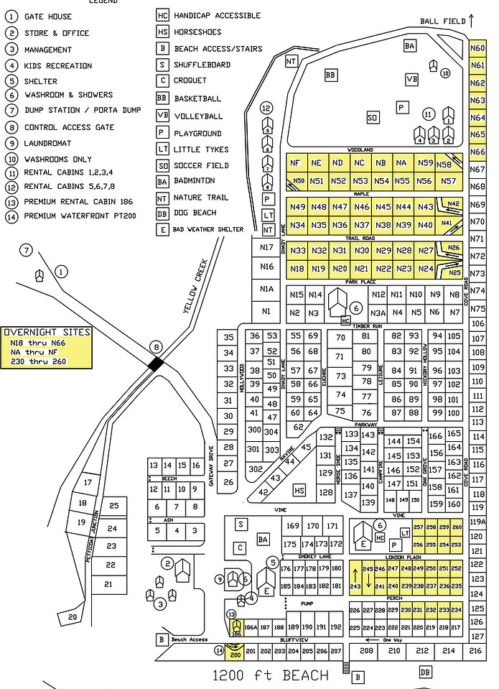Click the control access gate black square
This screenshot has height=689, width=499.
(156, 364)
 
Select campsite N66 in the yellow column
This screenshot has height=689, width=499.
(477, 152)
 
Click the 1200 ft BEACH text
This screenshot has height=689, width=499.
(271, 675)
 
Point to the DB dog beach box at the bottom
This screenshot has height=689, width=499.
(425, 671)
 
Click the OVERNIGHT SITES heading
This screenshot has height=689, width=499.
(47, 332)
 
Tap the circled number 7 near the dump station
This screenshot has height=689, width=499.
(27, 250)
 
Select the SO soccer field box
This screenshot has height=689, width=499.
(372, 117)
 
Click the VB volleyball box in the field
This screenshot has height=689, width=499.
(411, 79)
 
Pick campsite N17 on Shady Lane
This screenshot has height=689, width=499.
(267, 248)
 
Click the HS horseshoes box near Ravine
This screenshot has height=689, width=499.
(300, 490)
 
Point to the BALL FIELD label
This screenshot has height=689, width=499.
(440, 22)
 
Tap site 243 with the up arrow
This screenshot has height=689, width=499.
(355, 586)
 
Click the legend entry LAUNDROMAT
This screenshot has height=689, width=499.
(47, 143)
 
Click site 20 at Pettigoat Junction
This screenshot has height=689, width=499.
(73, 616)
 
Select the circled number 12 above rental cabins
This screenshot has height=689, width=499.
(266, 108)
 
